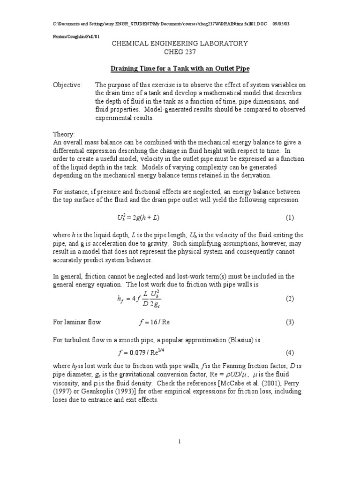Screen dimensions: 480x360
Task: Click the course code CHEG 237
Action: point(180,52)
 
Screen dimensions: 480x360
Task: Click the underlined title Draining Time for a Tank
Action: point(180,69)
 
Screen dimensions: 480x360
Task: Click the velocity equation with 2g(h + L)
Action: point(141,218)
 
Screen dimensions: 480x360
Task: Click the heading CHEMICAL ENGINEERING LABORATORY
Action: point(180,44)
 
